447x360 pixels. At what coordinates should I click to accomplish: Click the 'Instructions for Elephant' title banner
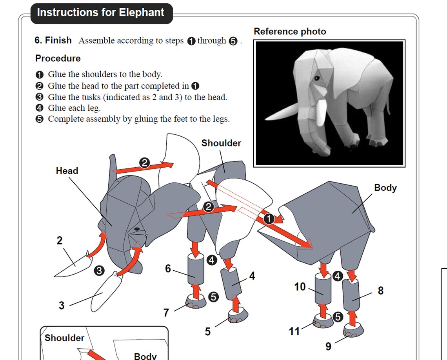tap(101, 13)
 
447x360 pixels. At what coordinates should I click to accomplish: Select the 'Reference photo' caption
tap(290, 32)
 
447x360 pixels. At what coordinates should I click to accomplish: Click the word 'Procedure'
tap(58, 59)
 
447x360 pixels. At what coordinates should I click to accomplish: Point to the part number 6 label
tap(168, 269)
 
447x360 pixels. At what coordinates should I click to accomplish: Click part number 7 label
tap(166, 313)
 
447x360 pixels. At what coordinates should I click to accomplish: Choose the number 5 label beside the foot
tap(207, 332)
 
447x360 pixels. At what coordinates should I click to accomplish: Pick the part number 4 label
tap(252, 276)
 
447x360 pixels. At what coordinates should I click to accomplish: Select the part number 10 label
tap(300, 287)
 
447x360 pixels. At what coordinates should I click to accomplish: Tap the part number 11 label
tap(294, 331)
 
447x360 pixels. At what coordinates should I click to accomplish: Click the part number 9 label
tap(329, 346)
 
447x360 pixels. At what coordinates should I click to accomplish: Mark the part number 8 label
tap(380, 291)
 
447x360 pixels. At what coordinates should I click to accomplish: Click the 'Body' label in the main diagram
tap(385, 188)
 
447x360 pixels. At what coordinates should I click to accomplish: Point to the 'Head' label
tap(67, 171)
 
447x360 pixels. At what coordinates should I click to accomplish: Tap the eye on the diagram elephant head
tap(137, 229)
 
